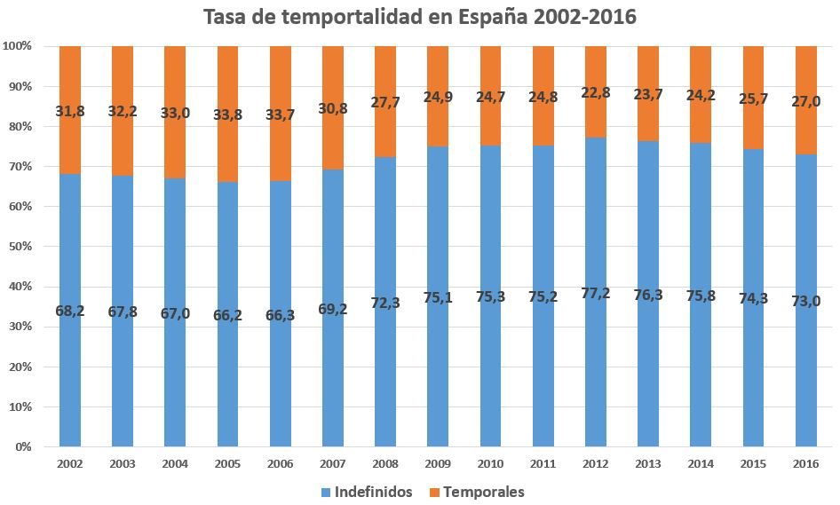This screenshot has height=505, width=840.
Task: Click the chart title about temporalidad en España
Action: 420,17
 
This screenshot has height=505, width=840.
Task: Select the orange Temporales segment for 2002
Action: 70,80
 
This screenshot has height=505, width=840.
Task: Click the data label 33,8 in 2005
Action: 228,114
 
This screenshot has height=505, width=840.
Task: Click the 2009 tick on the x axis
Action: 438,463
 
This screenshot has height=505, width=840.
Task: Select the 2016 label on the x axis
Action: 805,463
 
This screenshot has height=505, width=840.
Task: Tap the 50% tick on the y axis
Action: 18,247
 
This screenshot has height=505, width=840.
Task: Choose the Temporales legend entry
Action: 476,492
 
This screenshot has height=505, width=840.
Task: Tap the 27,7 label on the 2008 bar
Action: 385,102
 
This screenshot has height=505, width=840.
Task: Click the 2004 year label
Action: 175,463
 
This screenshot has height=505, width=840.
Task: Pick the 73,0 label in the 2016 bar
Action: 806,301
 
